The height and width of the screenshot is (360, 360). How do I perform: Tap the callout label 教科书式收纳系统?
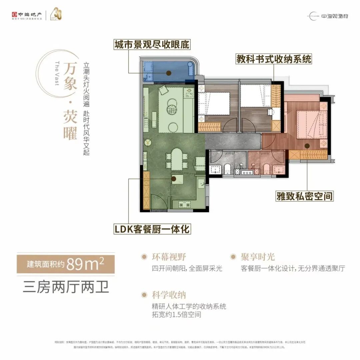[x=274, y=59]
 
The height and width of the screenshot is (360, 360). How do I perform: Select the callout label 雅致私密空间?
[x=304, y=196]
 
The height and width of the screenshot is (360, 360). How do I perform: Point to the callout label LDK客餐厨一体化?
[x=152, y=229]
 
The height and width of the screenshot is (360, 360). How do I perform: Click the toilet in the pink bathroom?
[x=266, y=169]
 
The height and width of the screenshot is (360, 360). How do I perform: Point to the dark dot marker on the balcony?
[x=169, y=73]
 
